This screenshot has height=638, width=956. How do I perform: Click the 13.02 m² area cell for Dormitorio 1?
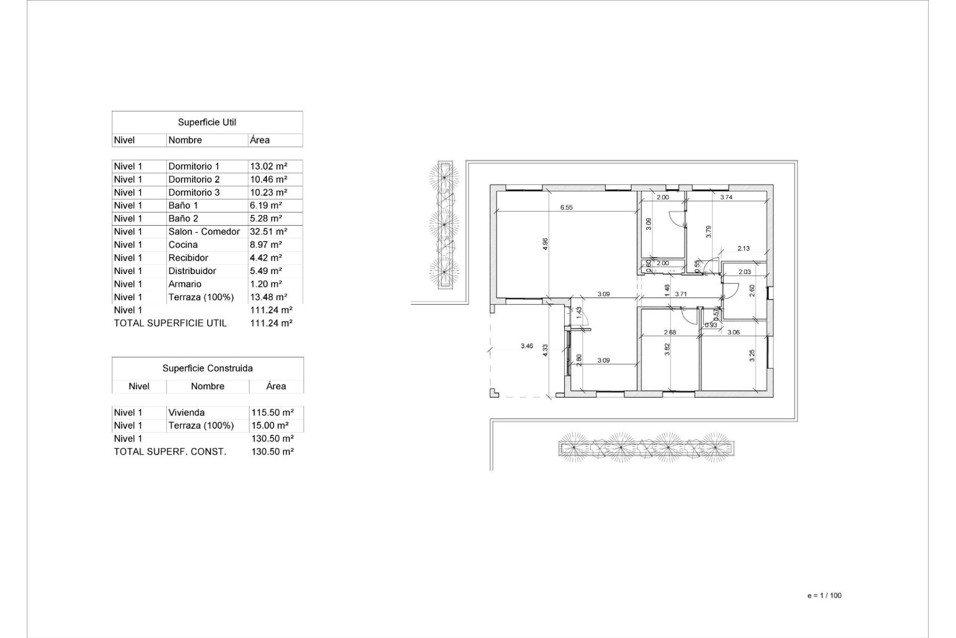[269, 166]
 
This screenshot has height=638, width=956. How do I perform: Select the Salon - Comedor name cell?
[204, 232]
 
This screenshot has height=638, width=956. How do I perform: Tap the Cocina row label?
[183, 245]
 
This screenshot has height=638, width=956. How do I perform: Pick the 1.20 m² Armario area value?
[266, 284]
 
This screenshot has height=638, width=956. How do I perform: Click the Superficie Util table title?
[207, 122]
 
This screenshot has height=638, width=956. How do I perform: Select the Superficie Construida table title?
[207, 368]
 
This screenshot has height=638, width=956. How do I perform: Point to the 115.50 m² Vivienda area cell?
[272, 413]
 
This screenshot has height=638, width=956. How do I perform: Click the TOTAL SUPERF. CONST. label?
[170, 452]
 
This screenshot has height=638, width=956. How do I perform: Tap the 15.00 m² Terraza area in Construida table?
[269, 426]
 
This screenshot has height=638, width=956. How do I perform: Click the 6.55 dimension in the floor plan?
[566, 207]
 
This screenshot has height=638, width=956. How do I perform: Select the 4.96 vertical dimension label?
[545, 244]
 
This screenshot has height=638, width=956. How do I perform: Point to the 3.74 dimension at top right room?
[726, 197]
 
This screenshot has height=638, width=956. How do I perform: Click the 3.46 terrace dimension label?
[527, 346]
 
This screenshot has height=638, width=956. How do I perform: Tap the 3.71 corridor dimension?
[681, 294]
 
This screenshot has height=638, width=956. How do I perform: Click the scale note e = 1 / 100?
[824, 596]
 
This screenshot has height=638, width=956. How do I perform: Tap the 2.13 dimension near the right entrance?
[743, 248]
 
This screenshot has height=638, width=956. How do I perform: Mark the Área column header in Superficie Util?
[259, 141]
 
